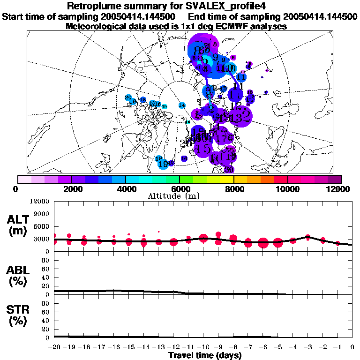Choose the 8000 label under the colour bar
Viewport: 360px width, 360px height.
pyautogui.click(x=233, y=189)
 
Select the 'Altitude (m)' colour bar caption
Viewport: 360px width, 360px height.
pyautogui.click(x=180, y=196)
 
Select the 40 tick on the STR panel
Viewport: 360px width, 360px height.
pyautogui.click(x=46, y=320)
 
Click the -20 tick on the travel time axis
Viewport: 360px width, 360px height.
pyautogui.click(x=54, y=347)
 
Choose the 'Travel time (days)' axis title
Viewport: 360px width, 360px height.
pyautogui.click(x=205, y=356)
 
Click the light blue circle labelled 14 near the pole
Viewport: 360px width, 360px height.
pyautogui.click(x=181, y=105)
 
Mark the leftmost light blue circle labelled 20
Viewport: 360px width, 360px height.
pyautogui.click(x=128, y=97)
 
